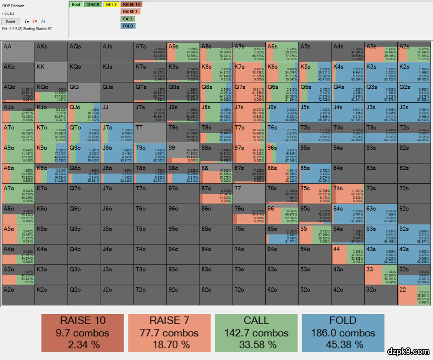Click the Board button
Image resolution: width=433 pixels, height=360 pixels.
pos(10,22)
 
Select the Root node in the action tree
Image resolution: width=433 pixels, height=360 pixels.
pos(76,4)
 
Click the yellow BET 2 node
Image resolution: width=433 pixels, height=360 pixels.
pos(111,4)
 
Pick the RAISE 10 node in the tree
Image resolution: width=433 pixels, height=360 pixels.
pos(131,4)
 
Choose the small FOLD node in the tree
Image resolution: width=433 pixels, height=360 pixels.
pos(128,26)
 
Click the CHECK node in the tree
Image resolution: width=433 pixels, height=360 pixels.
pos(93,4)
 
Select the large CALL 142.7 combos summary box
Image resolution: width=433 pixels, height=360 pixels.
pos(256,332)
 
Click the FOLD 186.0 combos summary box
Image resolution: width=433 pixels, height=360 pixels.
pos(343,332)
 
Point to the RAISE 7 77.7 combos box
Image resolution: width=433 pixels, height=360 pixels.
pos(169,332)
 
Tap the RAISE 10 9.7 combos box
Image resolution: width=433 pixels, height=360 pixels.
pos(83,332)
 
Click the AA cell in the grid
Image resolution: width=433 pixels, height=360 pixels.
pos(18,51)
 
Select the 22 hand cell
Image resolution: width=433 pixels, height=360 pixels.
pos(414,295)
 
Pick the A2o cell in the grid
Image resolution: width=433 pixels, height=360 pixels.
pos(18,295)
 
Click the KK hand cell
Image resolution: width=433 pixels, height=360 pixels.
pos(51,72)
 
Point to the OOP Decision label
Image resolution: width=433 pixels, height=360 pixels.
pos(14,6)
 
